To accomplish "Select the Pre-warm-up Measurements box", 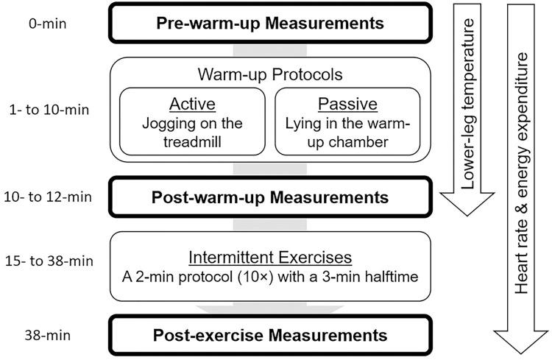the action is (269, 23).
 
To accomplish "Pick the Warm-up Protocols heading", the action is (269, 76).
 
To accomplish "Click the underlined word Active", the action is (194, 104).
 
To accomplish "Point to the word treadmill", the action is (194, 141).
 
